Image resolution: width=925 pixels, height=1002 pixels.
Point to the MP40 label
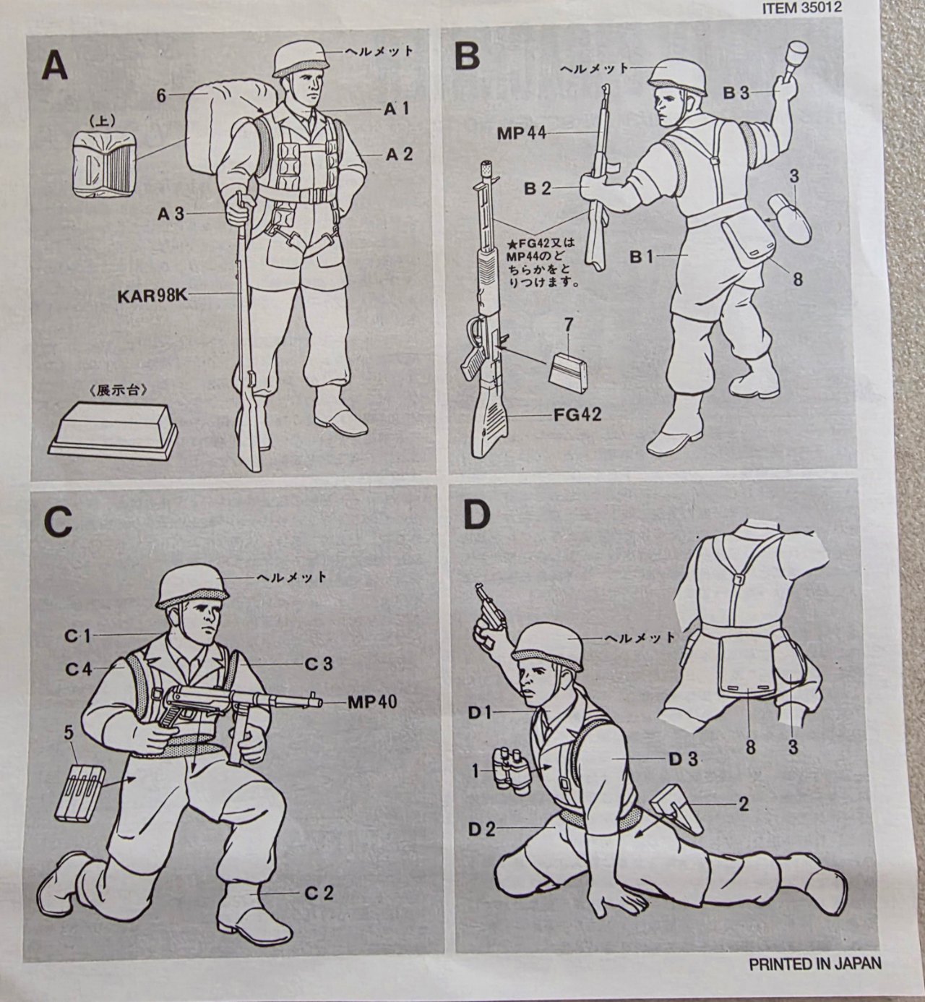click(x=371, y=701)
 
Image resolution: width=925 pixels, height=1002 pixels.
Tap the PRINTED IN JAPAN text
click(x=815, y=963)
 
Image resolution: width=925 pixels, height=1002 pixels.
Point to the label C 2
click(x=319, y=893)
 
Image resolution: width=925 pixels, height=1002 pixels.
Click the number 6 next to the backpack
click(x=161, y=95)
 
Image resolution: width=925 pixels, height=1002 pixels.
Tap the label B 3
click(x=736, y=93)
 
